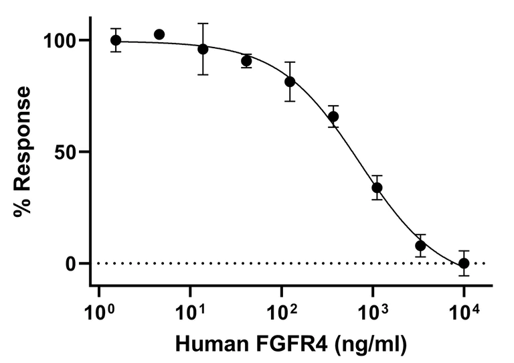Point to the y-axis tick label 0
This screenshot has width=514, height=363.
pyautogui.click(x=76, y=263)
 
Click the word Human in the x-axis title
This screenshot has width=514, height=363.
pyautogui.click(x=206, y=344)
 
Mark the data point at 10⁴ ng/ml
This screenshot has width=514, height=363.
pyautogui.click(x=464, y=263)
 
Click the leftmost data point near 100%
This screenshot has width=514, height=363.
pyautogui.click(x=116, y=40)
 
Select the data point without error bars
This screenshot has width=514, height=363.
pyautogui.click(x=159, y=34)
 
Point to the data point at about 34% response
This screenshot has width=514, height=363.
pyautogui.click(x=377, y=188)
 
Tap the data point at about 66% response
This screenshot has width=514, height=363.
pyautogui.click(x=333, y=117)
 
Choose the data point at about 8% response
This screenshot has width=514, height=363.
pyautogui.click(x=420, y=245)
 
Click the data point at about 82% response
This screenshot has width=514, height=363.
pyautogui.click(x=290, y=82)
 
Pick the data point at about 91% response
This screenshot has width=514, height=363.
pyautogui.click(x=246, y=61)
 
